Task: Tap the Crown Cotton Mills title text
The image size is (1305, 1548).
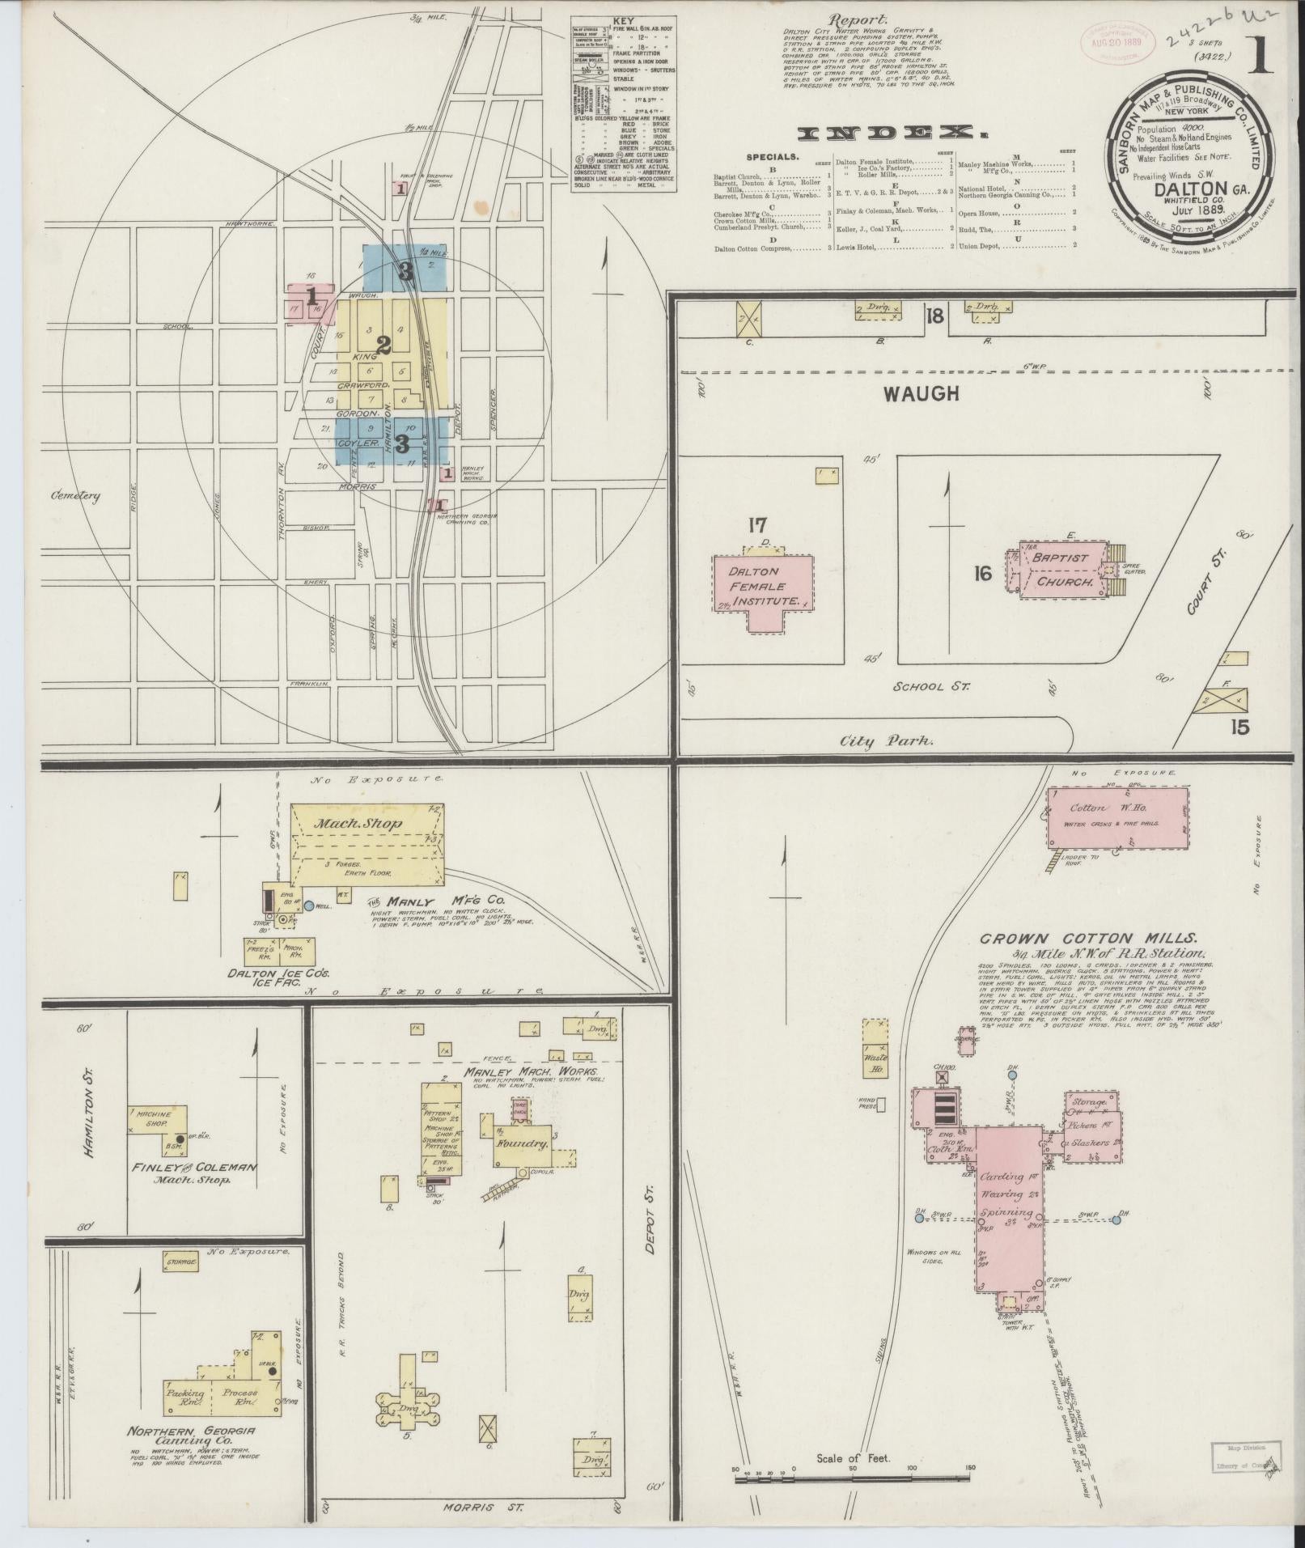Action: pos(1088,939)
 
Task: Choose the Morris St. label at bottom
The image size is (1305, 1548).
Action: pos(483,1508)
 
